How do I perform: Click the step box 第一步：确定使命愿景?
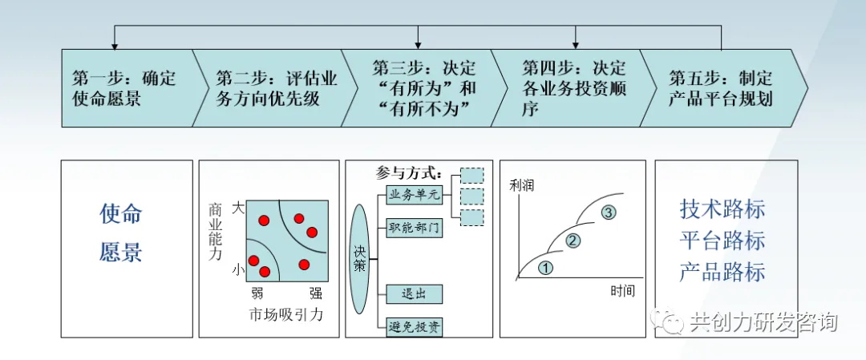point(124,89)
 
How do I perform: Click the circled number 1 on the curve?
point(545,268)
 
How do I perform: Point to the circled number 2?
point(573,240)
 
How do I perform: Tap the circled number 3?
point(608,212)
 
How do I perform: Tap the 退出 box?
point(415,294)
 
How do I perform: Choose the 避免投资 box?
point(415,327)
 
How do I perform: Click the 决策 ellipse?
point(360,259)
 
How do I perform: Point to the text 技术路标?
point(722,209)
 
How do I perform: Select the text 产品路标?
point(722,272)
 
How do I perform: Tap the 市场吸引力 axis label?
point(286,314)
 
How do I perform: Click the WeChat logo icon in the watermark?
point(669,322)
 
